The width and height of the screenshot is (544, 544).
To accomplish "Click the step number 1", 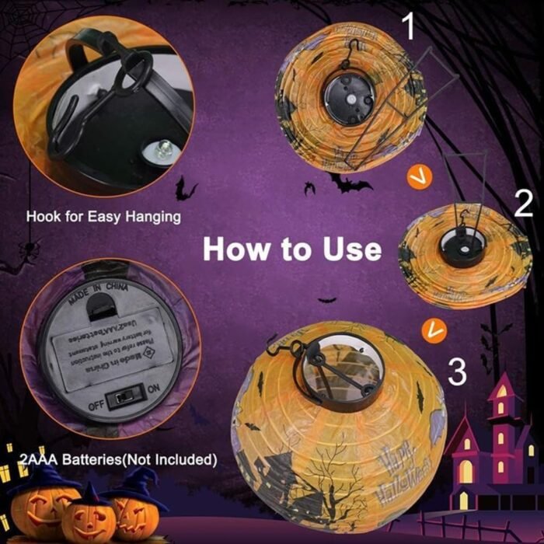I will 409,29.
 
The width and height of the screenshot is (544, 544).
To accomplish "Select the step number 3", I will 459,371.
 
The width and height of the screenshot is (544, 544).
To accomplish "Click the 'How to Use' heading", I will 292,249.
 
